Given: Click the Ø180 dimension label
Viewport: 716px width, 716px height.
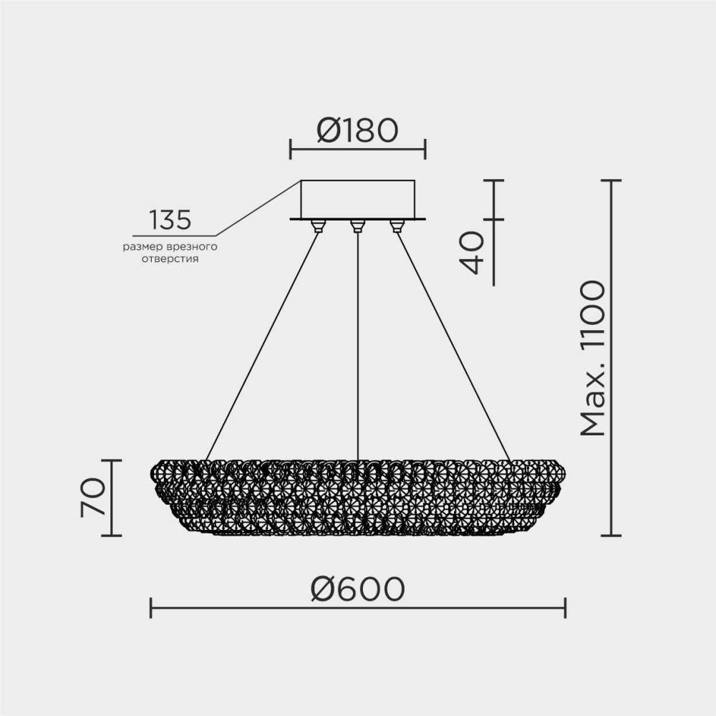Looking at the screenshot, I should pos(357,131).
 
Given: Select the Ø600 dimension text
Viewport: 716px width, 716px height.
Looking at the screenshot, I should pos(358,589).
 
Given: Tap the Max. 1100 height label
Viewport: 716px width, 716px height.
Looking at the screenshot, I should pos(594,358).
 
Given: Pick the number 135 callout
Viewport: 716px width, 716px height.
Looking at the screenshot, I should pos(170,221).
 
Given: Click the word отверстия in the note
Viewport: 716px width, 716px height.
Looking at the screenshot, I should pos(170,259).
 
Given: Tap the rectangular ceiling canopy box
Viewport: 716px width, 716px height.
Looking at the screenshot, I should pos(357,198).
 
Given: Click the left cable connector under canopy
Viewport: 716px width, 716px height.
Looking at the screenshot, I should pos(317,226).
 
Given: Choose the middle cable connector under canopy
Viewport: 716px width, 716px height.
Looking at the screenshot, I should pos(357,226).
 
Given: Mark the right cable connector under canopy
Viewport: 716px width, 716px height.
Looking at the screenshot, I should pos(397,226).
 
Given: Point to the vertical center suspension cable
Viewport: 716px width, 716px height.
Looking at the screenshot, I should pos(357,344).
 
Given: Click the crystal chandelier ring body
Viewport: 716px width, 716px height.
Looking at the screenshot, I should pos(358,498).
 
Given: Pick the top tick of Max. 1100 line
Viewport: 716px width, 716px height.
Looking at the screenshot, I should pos(610,180).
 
